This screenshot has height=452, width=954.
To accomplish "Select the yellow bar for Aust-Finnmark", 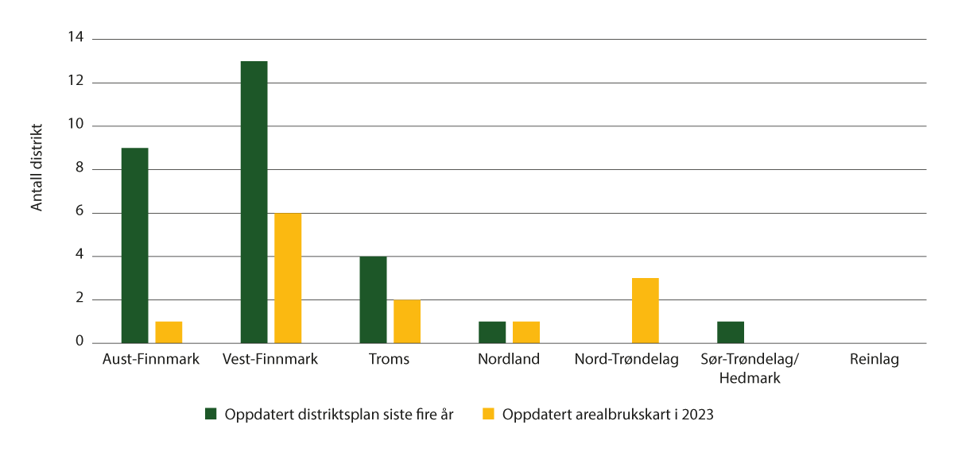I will click(x=169, y=332).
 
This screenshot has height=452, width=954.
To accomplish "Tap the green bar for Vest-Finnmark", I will click(x=254, y=202).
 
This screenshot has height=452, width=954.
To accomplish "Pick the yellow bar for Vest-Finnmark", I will click(x=288, y=278).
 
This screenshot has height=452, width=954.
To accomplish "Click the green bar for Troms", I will click(x=373, y=299).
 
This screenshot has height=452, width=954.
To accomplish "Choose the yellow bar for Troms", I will click(x=407, y=321).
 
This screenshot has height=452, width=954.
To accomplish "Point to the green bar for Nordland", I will click(x=492, y=332).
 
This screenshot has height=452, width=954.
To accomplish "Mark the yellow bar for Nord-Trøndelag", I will click(x=646, y=311).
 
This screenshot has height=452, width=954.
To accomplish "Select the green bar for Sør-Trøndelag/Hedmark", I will click(x=731, y=332).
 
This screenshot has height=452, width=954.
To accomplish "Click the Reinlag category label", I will click(x=873, y=360).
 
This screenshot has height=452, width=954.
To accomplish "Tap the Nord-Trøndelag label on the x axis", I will click(x=626, y=360).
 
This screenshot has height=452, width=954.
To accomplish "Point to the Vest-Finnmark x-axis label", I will click(x=271, y=360).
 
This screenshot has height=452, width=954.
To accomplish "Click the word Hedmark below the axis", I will click(x=749, y=378).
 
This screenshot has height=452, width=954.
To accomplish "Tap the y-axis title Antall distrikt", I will click(x=37, y=168).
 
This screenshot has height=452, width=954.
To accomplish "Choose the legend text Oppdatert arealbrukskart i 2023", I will click(x=608, y=414).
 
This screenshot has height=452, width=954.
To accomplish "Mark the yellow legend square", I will click(x=488, y=413).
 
